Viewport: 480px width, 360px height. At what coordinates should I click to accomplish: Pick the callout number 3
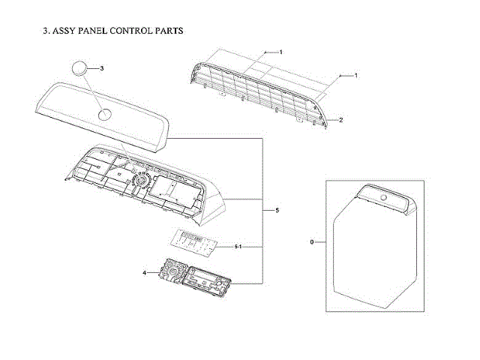(101, 68)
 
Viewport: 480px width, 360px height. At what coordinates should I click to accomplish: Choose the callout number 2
(340, 120)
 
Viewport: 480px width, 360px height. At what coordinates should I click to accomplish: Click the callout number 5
(277, 211)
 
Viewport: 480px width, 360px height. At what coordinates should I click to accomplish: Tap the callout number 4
(144, 273)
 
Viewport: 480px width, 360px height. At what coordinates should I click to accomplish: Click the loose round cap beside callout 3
(79, 70)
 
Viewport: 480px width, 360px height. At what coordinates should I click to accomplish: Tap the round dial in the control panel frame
(139, 181)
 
